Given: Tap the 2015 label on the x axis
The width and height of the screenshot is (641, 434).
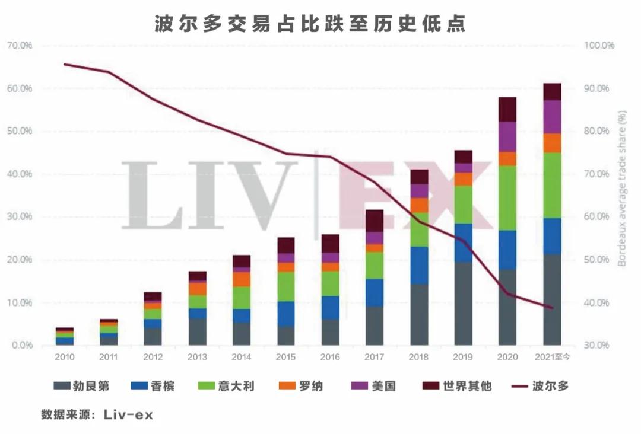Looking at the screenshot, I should tap(285, 357).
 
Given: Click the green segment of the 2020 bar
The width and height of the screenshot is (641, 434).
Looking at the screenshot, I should tap(507, 198).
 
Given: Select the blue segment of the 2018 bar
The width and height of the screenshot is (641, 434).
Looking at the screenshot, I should tap(419, 265).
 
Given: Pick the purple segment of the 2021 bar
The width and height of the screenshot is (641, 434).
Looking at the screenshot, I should tap(552, 117).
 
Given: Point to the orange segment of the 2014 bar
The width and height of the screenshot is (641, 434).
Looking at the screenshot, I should tap(242, 279).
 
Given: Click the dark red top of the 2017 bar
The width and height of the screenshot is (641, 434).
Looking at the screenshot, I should tap(375, 221).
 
